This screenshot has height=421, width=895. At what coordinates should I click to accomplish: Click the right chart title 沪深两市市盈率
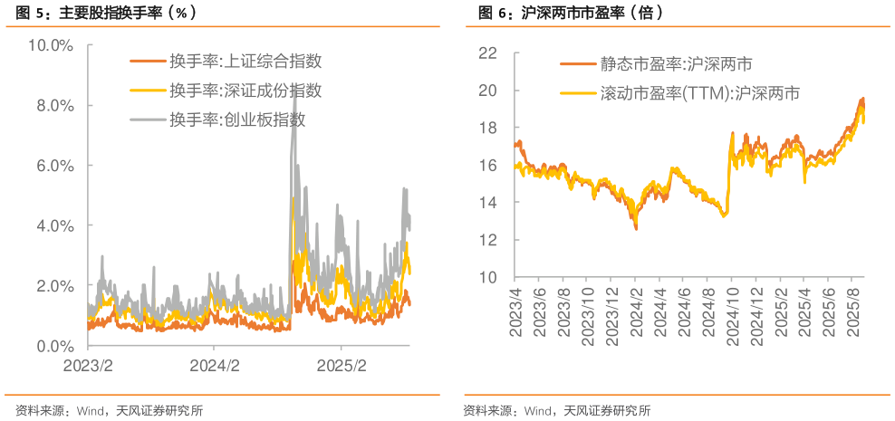[x=566, y=14]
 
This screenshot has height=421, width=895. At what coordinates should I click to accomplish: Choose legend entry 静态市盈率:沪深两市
[x=675, y=64]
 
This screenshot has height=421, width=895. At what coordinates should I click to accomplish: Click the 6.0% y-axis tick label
[x=54, y=166]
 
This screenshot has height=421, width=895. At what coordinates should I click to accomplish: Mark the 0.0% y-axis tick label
[x=54, y=346]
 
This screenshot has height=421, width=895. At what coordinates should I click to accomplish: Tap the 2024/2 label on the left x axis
[x=214, y=366]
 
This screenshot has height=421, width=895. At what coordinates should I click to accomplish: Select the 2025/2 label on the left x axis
[x=341, y=366]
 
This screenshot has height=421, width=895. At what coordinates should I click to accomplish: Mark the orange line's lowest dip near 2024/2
[x=636, y=229]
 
